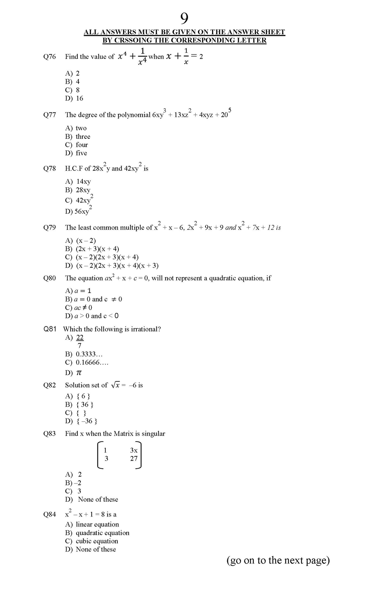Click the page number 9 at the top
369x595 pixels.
184,18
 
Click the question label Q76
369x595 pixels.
49,57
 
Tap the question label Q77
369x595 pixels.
49,115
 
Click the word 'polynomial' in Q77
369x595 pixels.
134,115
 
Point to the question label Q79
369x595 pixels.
49,228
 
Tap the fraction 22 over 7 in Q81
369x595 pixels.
80,341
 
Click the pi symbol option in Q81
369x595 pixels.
79,373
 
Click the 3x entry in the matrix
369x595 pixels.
134,450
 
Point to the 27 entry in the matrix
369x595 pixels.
134,459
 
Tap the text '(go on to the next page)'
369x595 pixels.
278,560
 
